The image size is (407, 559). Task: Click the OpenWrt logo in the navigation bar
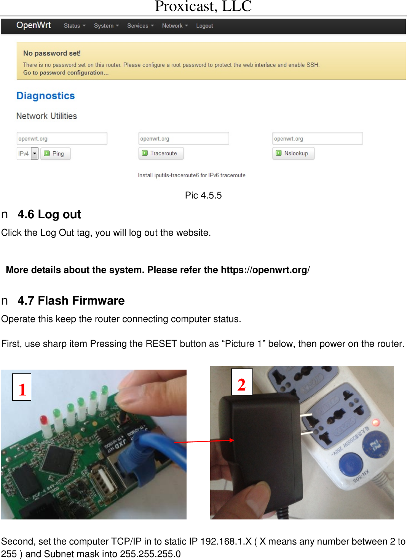coord(34,25)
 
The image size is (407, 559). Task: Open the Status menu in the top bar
coord(74,26)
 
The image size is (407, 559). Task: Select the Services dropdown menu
coord(140,26)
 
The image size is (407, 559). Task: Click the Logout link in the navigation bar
coord(204,26)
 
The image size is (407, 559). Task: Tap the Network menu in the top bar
coord(175,26)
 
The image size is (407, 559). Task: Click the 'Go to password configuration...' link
coord(66,73)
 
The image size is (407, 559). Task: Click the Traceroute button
coord(161,153)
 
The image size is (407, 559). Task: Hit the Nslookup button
coord(293,153)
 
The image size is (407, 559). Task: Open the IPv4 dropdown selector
coord(28,154)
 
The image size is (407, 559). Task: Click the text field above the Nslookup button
coord(317,139)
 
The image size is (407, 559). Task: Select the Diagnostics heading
coord(46,96)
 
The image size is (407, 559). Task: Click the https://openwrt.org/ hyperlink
coord(265,270)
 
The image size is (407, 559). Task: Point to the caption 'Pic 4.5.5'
coord(203,195)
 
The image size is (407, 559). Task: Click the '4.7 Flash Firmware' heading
coord(71,301)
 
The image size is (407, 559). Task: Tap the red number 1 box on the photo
coord(22,387)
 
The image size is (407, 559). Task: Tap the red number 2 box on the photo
coord(242,382)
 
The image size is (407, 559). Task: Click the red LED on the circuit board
coord(44,420)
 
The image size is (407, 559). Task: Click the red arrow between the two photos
coord(204,441)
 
